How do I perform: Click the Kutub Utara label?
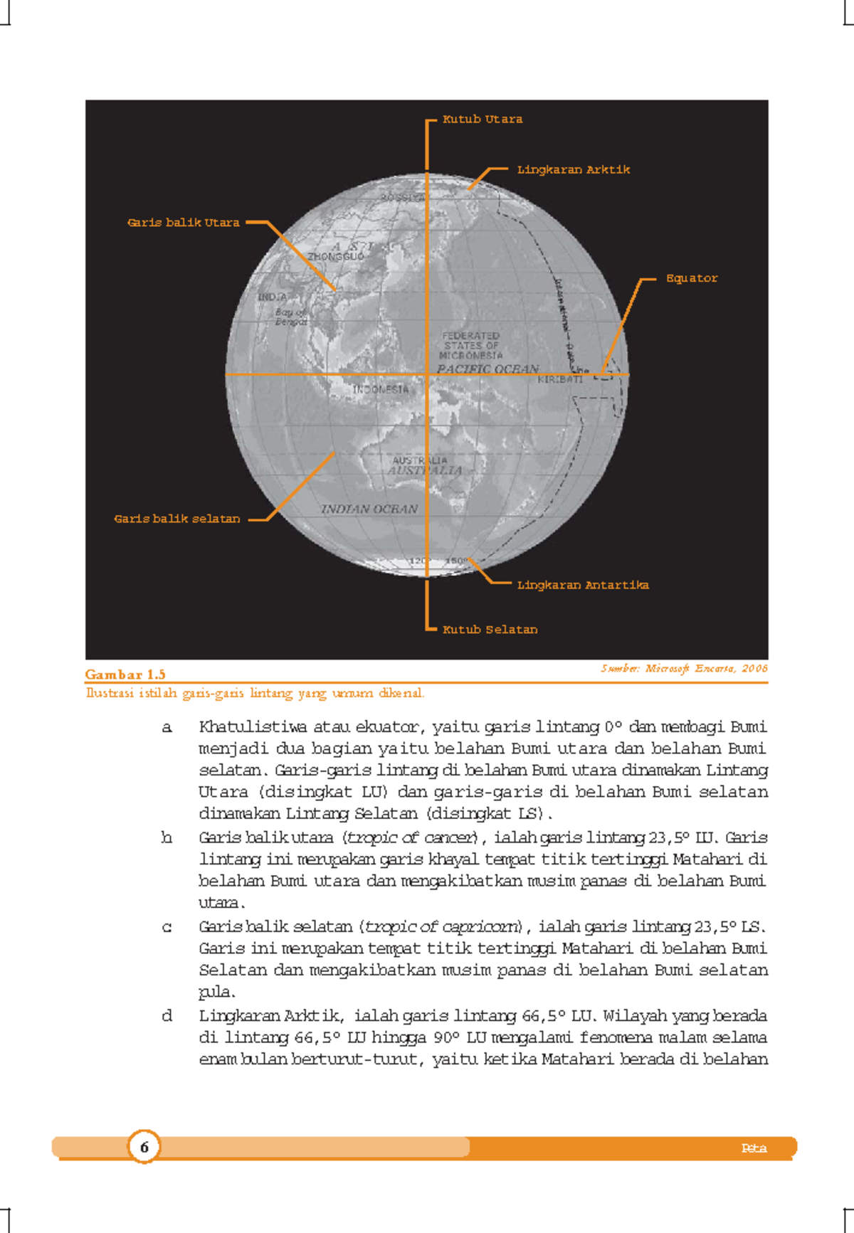click(482, 120)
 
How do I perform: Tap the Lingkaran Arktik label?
click(573, 170)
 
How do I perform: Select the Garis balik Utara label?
click(183, 223)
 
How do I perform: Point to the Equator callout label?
click(691, 278)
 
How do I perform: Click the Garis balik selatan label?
click(176, 519)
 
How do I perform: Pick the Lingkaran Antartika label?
click(582, 585)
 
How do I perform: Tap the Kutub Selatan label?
click(490, 630)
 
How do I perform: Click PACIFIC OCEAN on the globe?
click(487, 369)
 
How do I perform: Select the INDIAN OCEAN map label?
click(369, 509)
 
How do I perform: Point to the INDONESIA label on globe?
click(381, 390)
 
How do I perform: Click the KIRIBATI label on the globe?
click(559, 380)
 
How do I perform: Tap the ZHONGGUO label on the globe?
click(335, 257)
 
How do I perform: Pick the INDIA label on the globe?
click(272, 297)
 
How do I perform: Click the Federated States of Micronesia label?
click(470, 345)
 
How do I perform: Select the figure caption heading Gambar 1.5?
click(125, 674)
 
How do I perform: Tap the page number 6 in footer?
click(144, 1147)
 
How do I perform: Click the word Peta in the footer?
click(753, 1148)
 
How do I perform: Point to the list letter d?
click(167, 1016)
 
